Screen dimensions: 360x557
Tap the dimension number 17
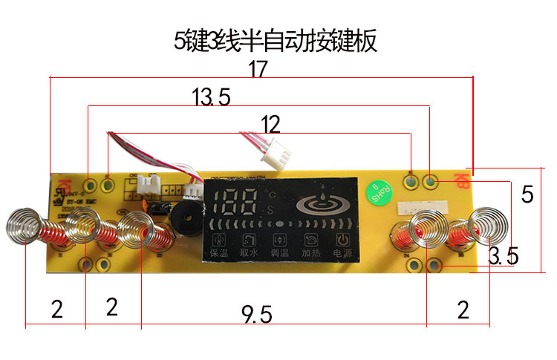pyautogui.click(x=258, y=69)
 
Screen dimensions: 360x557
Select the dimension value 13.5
pyautogui.click(x=211, y=96)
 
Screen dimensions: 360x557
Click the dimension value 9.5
pyautogui.click(x=257, y=315)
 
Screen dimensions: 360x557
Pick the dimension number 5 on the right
pyautogui.click(x=527, y=194)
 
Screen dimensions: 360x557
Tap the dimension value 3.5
pyautogui.click(x=503, y=258)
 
